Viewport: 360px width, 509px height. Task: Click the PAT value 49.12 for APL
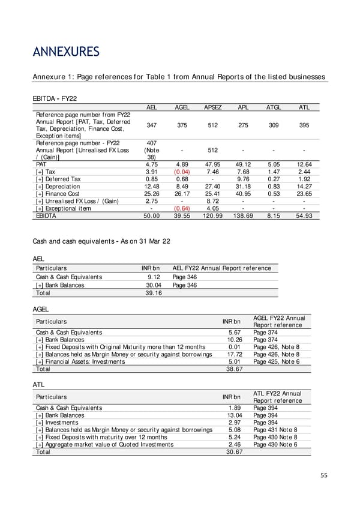(x=244, y=164)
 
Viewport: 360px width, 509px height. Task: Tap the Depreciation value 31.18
(x=244, y=185)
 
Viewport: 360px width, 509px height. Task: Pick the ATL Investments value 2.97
(x=233, y=423)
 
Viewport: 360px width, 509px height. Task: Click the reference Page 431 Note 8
(x=275, y=430)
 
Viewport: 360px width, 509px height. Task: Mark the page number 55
(x=324, y=475)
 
